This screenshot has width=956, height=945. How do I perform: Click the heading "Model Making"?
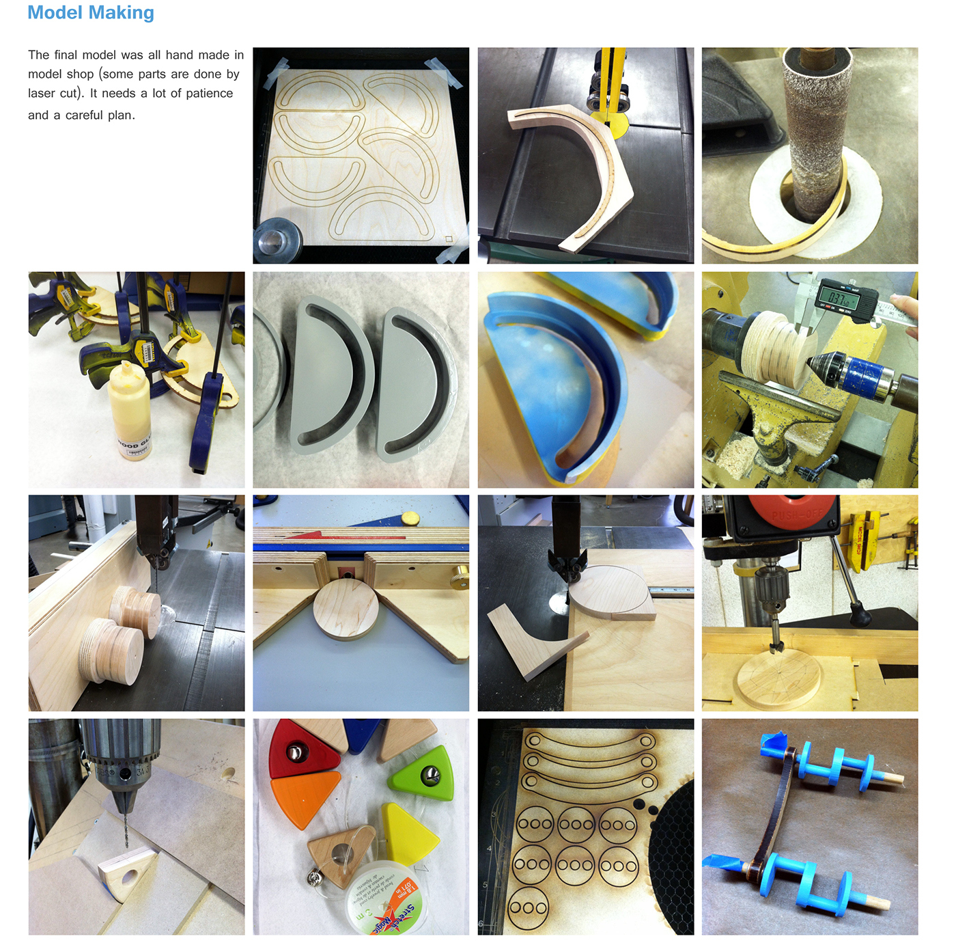pyautogui.click(x=91, y=13)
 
